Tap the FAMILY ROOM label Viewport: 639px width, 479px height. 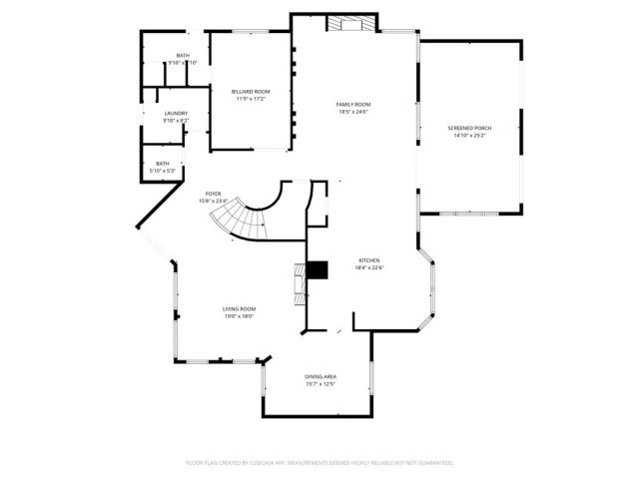click(352, 104)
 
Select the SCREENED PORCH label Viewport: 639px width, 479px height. click(469, 128)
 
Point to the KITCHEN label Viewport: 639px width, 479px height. click(369, 260)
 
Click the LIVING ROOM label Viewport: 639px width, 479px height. click(239, 309)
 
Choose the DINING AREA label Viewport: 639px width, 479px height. click(319, 376)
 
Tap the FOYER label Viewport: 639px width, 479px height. click(213, 194)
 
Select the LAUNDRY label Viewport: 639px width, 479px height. click(176, 113)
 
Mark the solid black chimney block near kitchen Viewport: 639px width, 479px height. click(318, 270)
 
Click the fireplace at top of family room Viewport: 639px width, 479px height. click(355, 23)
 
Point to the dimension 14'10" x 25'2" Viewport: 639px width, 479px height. click(469, 136)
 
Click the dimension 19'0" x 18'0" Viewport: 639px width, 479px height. click(239, 316)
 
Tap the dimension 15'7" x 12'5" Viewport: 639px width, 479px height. click(319, 383)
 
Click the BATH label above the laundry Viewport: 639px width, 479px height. click(183, 55)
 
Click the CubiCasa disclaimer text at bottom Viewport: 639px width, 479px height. click(319, 463)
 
